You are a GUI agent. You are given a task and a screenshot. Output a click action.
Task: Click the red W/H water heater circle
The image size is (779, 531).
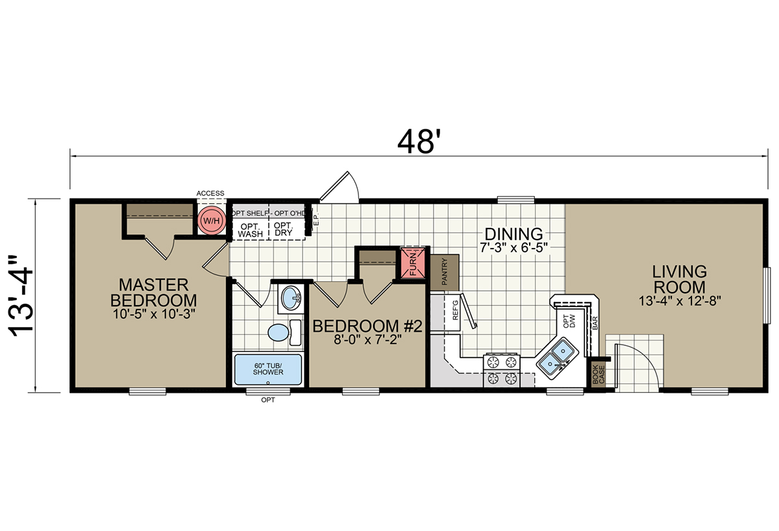pyautogui.click(x=212, y=221)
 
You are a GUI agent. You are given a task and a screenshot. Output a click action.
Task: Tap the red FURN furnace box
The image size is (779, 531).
pyautogui.click(x=413, y=263)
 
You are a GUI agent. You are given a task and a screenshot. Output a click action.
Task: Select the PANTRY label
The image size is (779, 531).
pyautogui.click(x=445, y=272)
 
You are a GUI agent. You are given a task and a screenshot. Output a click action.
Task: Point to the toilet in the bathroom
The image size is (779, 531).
pyautogui.click(x=284, y=332)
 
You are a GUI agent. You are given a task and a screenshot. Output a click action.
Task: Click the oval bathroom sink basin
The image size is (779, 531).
pyautogui.click(x=291, y=298)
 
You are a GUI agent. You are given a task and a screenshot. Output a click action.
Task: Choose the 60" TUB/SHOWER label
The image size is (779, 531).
pyautogui.click(x=267, y=369)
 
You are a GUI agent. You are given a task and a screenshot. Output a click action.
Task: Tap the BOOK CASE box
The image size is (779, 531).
pyautogui.click(x=599, y=375)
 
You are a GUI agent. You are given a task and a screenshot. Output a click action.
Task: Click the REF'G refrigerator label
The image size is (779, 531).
pyautogui.click(x=456, y=310)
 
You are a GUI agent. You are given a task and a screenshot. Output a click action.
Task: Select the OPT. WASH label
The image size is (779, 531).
pyautogui.click(x=251, y=230)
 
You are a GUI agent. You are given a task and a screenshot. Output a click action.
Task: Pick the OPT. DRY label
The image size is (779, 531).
pyautogui.click(x=284, y=229)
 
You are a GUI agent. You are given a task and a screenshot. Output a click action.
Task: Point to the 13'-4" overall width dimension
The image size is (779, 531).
pyautogui.click(x=23, y=296)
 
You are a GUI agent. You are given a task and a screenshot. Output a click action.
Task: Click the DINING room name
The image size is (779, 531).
pyautogui.click(x=513, y=234)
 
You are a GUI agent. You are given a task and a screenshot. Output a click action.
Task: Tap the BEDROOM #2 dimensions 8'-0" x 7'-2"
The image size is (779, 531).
pyautogui.click(x=367, y=340)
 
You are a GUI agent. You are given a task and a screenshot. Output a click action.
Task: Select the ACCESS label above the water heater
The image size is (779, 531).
pyautogui.click(x=210, y=193)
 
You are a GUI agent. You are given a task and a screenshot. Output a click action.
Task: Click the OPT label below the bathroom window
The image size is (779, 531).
pyautogui.click(x=268, y=401)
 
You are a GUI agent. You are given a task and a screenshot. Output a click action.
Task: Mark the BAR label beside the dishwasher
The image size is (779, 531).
pyautogui.click(x=595, y=323)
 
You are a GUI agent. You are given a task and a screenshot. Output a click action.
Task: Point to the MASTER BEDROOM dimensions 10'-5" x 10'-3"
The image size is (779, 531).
pyautogui.click(x=153, y=314)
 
